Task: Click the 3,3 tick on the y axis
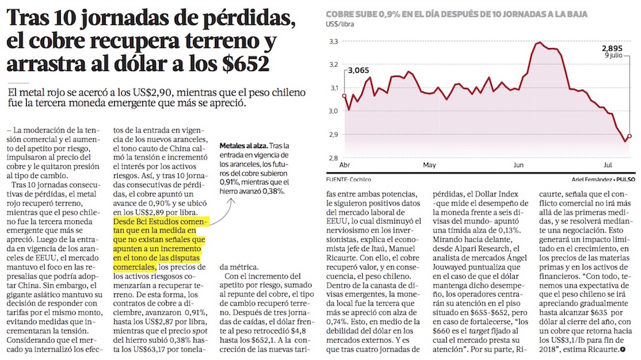coord(333,42)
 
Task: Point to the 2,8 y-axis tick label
coord(333,158)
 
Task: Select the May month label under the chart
coord(429,165)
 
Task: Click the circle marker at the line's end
coord(629,136)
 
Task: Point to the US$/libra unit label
coord(340,24)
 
